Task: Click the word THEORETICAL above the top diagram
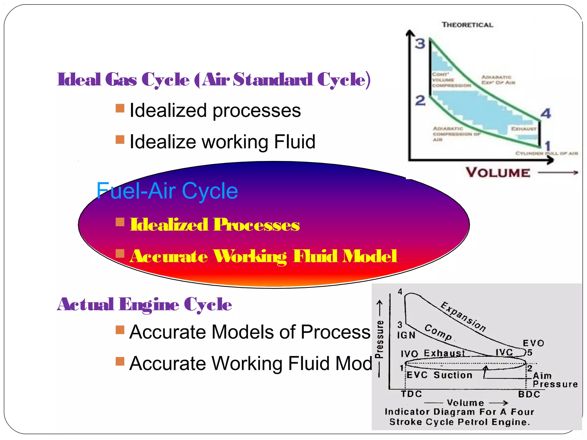(x=467, y=25)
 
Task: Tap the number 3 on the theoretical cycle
(x=420, y=44)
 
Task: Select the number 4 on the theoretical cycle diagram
(x=545, y=113)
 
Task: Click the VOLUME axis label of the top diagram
(x=498, y=173)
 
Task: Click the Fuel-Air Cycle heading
(x=167, y=191)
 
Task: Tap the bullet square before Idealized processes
(x=120, y=108)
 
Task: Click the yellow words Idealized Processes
(x=215, y=225)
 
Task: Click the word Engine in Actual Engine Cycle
(x=149, y=305)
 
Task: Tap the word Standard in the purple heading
(x=273, y=79)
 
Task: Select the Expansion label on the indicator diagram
(x=463, y=317)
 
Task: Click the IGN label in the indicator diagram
(x=406, y=335)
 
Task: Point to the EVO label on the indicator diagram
(x=533, y=343)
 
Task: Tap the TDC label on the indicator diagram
(x=411, y=394)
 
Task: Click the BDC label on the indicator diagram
(x=529, y=394)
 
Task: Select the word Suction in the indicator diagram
(x=453, y=375)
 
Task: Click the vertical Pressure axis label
(x=379, y=339)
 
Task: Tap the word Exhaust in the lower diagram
(x=444, y=353)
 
